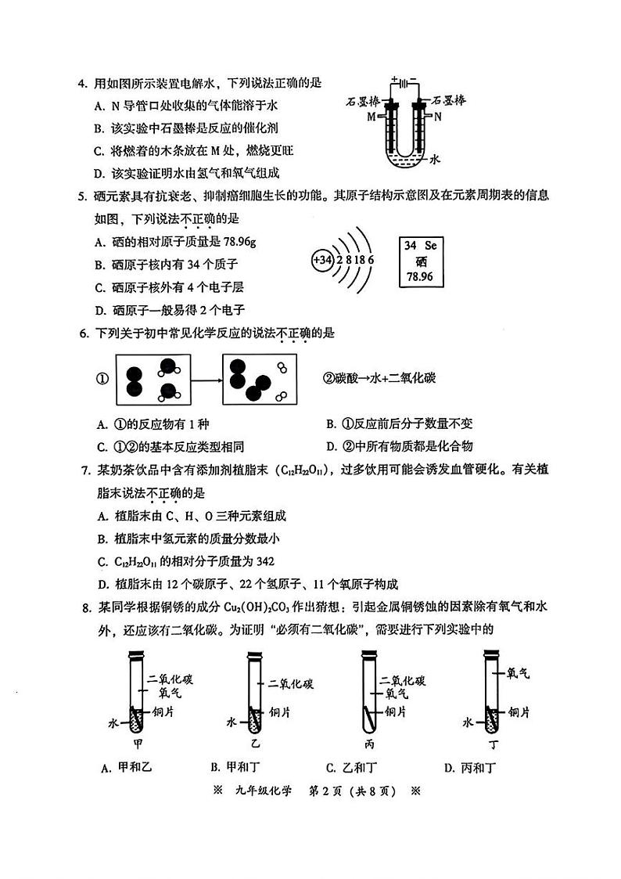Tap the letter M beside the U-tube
tap(371, 117)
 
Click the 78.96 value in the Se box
tap(420, 277)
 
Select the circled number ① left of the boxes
tap(100, 378)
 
